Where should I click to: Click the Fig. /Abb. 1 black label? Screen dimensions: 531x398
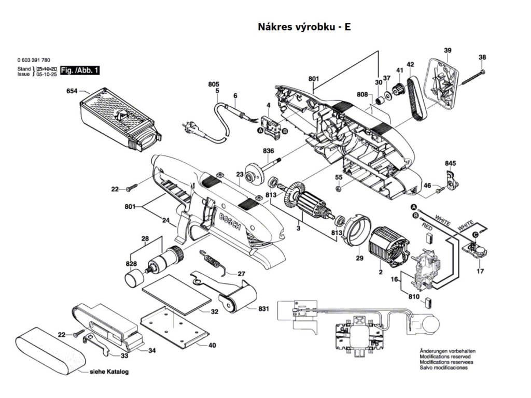pos(80,70)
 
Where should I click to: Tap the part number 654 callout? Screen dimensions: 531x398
pos(72,91)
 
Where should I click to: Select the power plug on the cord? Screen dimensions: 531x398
pos(189,129)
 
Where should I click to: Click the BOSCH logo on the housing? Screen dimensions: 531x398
pos(229,222)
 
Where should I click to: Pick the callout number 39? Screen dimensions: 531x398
pos(448,50)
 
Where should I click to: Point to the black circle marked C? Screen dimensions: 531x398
pos(476,234)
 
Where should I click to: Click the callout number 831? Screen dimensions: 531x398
pos(263,309)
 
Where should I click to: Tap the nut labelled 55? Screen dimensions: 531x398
pos(338,188)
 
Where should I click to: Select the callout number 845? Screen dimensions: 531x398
pos(451,163)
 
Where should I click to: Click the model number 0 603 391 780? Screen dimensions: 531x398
pos(34,60)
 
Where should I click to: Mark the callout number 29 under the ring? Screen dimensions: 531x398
pos(359,258)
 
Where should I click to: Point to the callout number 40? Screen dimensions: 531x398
pos(212,346)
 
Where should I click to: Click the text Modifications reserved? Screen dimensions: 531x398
pos(445,357)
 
